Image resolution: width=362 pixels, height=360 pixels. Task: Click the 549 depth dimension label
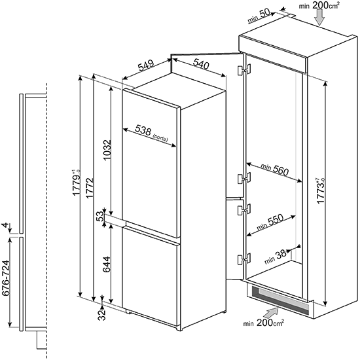click(x=146, y=65)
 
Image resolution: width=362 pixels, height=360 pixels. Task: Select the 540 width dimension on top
click(x=201, y=64)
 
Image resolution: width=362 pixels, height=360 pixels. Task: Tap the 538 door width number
click(x=143, y=131)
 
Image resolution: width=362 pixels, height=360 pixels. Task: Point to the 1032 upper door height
click(x=107, y=150)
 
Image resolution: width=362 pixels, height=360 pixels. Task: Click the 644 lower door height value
click(x=107, y=264)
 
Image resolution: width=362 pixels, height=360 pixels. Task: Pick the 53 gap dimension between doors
click(x=100, y=217)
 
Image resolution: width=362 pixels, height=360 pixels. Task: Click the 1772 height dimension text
click(x=90, y=188)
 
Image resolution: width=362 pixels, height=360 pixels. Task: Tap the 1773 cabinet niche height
click(x=321, y=190)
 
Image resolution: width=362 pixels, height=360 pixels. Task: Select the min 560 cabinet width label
click(x=275, y=169)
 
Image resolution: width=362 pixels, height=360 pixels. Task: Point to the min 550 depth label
click(x=270, y=222)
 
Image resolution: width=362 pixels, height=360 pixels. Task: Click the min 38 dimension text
click(x=276, y=257)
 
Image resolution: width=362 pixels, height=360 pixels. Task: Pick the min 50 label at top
click(x=259, y=16)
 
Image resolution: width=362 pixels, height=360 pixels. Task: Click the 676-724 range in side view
click(x=5, y=278)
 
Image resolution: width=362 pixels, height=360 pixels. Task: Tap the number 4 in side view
click(x=5, y=225)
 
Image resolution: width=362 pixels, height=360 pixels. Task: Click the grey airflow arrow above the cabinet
click(x=320, y=18)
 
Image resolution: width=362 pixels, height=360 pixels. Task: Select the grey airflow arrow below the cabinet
click(x=271, y=313)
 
